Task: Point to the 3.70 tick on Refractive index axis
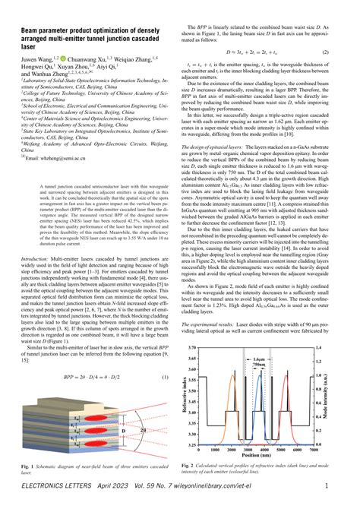pos(204,345)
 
